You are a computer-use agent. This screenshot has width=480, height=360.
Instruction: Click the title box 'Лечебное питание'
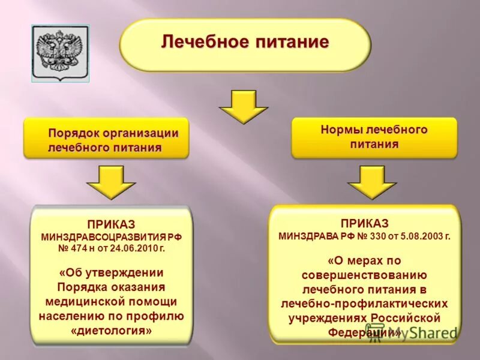[245, 44]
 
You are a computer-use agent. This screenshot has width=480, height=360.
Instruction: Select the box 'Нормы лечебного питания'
[374, 137]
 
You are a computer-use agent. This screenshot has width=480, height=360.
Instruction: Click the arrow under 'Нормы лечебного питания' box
[372, 182]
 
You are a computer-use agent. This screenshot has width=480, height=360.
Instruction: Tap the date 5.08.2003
[419, 236]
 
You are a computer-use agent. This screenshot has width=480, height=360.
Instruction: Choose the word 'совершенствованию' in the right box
[364, 275]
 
